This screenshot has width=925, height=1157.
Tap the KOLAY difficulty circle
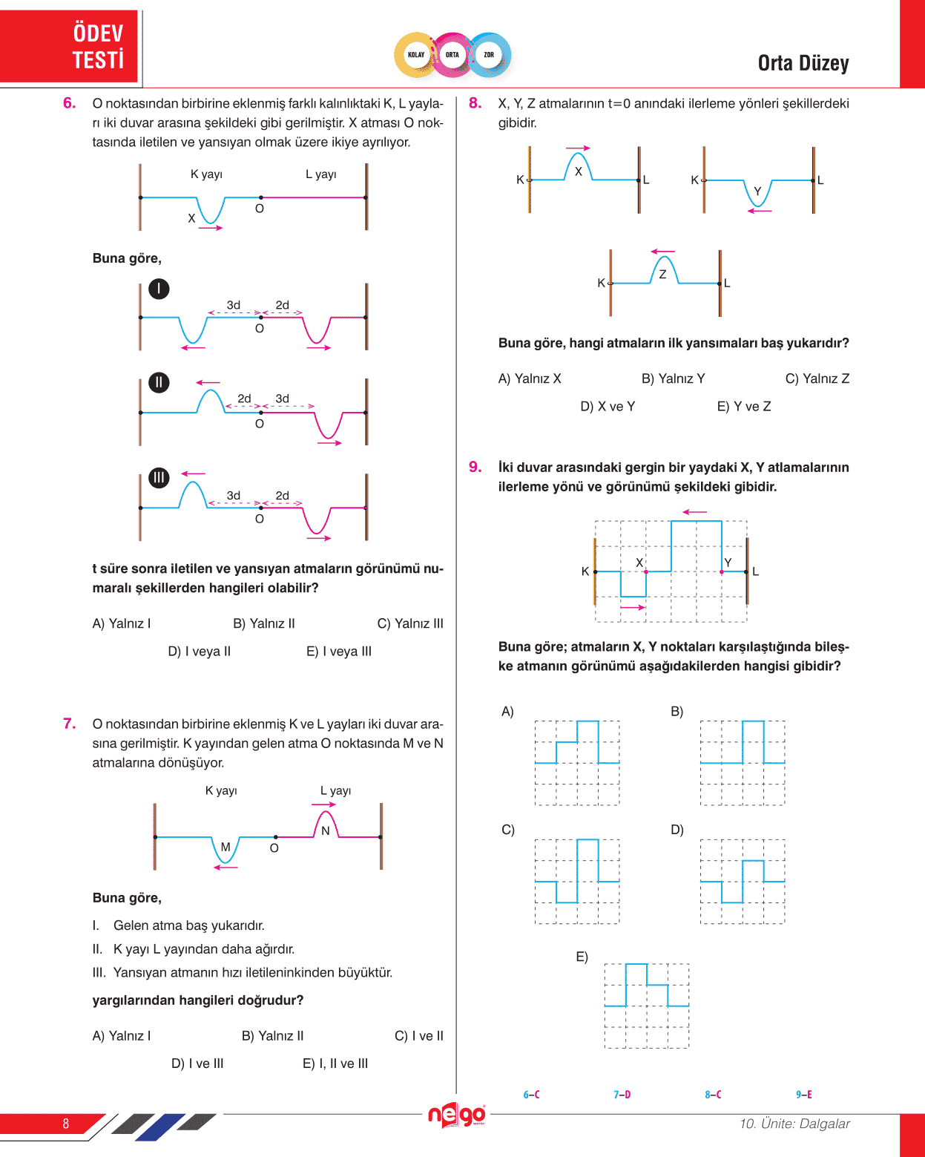point(416,55)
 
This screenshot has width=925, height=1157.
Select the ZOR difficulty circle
point(489,55)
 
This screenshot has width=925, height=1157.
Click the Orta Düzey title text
point(803,64)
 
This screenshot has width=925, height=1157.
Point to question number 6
point(69,103)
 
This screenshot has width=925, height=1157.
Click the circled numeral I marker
point(159,289)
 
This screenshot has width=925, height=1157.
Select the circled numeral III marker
point(159,478)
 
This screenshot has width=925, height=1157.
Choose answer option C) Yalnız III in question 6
point(410,623)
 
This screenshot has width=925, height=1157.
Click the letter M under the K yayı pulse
point(226,847)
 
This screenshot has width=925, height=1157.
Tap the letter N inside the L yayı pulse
point(326,831)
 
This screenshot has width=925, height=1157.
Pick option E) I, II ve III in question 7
point(335,1063)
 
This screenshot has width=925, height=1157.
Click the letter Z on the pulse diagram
point(662,275)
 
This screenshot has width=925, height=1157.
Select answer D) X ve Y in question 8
point(608,407)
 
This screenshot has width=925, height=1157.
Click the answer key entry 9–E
point(803,1095)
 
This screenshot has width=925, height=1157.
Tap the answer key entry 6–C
point(531,1095)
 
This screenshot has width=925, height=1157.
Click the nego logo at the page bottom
point(456,1115)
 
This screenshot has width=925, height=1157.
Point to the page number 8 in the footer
point(66,1124)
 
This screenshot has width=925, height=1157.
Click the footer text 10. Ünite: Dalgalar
point(794,1124)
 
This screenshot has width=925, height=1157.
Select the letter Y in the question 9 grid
point(728,563)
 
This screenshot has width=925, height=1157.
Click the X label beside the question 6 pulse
point(191,218)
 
